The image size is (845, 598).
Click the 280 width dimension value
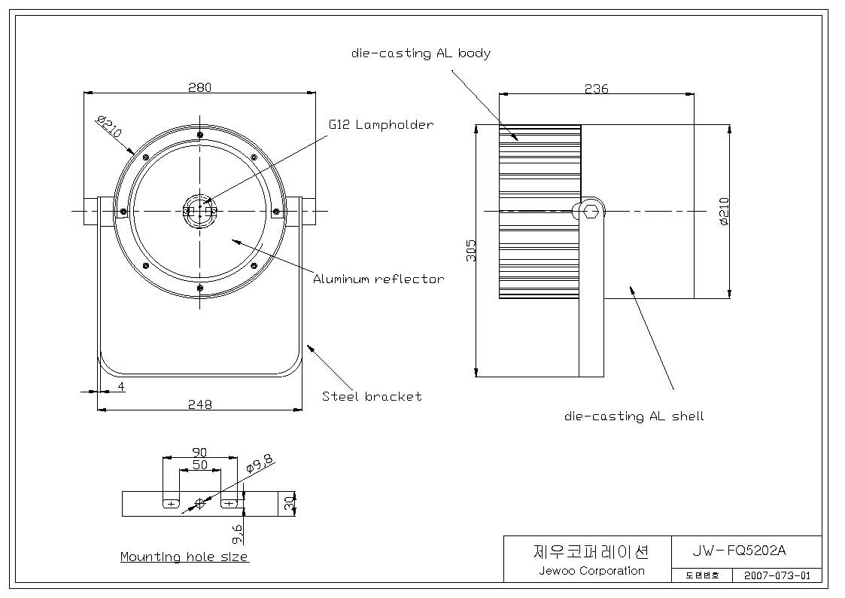pos(200,87)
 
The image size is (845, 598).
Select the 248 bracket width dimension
pos(200,404)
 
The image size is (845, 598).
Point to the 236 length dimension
pos(597,88)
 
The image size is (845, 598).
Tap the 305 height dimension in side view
pos(471,251)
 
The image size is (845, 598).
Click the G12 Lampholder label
pos(381,124)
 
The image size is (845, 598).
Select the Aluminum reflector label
pos(378,279)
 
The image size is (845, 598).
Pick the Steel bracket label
pos(372,396)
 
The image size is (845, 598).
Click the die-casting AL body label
pos(421,53)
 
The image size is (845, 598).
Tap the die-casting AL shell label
pos(634,416)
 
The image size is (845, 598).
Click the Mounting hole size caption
pos(184,557)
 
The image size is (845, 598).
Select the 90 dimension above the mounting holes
pos(200,452)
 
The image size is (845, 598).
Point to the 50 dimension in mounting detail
pos(200,464)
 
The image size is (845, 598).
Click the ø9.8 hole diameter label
pos(259,463)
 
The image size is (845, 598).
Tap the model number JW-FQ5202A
pos(739,551)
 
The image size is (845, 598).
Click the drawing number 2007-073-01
pos(777,575)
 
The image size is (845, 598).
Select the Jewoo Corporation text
pos(591,570)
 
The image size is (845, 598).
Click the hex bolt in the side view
pos(591,210)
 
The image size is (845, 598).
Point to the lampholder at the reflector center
pos(200,211)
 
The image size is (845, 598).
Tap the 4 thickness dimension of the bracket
pos(121,386)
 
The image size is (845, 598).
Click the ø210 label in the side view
pos(724,212)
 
